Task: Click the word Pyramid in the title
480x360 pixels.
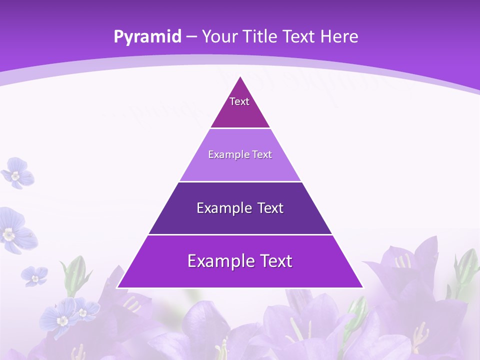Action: [x=147, y=37]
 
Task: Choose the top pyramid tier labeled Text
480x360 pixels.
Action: [x=240, y=107]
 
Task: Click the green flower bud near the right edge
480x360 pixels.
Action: [x=466, y=265]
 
